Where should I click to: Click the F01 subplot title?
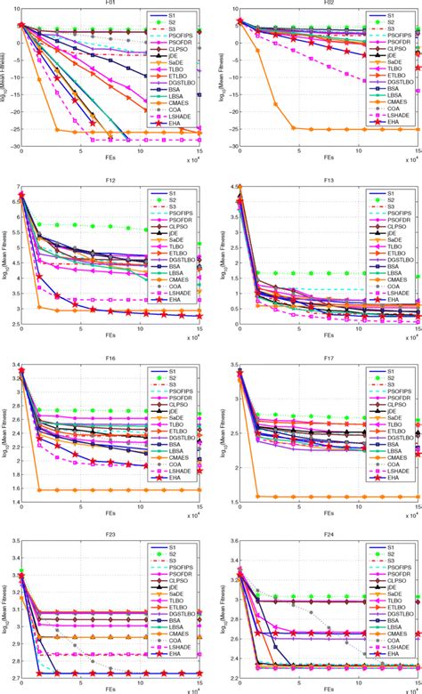pos(110,4)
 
